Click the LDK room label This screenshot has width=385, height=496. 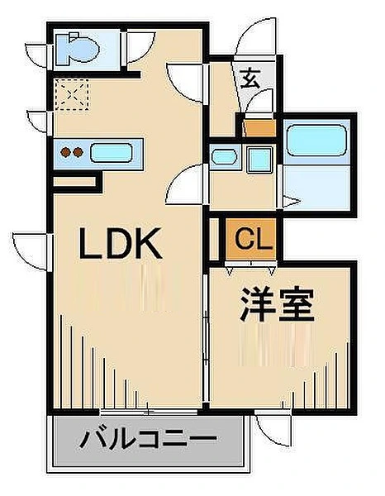[x=120, y=243]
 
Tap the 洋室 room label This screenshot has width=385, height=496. [x=278, y=304]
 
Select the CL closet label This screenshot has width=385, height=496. [x=254, y=240]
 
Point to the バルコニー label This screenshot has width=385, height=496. [x=148, y=439]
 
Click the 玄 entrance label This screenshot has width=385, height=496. [x=250, y=79]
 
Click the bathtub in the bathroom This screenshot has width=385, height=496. [x=316, y=141]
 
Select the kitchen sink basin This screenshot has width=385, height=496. [x=112, y=153]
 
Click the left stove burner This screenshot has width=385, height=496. [x=66, y=152]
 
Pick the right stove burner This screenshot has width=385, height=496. [x=78, y=152]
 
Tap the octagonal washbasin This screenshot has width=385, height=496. [x=224, y=156]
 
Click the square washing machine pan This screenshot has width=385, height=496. [x=259, y=159]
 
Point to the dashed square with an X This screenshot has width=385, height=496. [x=72, y=94]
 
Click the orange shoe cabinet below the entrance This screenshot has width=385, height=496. [x=260, y=128]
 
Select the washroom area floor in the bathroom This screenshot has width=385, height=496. [x=316, y=186]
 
